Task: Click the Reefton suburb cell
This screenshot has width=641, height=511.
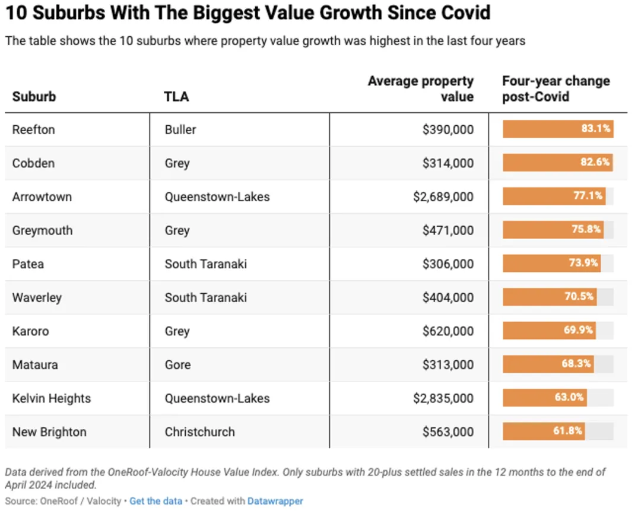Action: click(33, 129)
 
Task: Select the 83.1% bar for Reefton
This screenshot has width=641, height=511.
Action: click(557, 129)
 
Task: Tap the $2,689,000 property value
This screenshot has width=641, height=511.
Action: click(443, 196)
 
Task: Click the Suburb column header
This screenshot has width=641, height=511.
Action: click(34, 96)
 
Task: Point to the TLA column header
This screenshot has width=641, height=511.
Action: click(176, 96)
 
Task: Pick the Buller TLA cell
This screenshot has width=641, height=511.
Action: click(180, 129)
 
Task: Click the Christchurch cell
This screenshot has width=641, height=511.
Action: click(199, 431)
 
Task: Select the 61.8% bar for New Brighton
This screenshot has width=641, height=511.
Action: click(544, 431)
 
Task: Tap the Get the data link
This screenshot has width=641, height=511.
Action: click(156, 501)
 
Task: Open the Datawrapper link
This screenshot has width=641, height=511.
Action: click(275, 501)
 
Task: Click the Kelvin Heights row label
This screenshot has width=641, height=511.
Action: click(52, 398)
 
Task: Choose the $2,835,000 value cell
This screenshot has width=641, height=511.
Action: click(443, 398)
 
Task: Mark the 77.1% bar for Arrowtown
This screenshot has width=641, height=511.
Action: click(554, 196)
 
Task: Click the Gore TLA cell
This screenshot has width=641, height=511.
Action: click(177, 364)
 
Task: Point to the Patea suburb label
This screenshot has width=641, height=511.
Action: click(28, 264)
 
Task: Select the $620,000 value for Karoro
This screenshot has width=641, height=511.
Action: click(448, 331)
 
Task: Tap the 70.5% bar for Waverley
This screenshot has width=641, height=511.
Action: click(550, 297)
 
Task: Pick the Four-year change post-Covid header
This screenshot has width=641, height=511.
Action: click(556, 88)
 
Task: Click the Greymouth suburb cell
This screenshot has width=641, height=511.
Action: click(42, 230)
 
